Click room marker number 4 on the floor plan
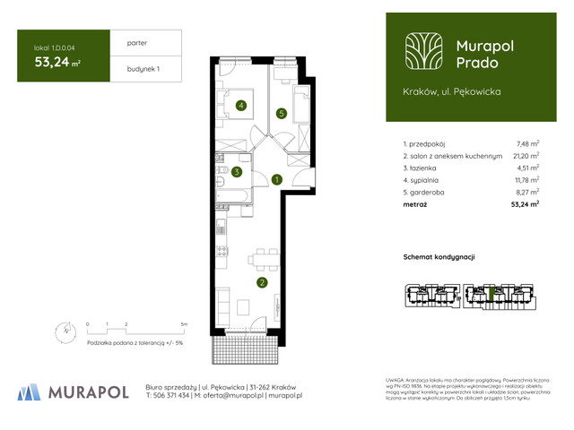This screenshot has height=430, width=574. click(x=240, y=106)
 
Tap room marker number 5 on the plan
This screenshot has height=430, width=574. click(x=281, y=114)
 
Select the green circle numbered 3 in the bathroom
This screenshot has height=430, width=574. click(x=236, y=172)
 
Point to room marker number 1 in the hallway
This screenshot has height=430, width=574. click(x=277, y=180)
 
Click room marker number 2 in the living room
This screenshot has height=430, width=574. click(x=262, y=284)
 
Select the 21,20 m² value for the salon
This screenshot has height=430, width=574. click(x=526, y=155)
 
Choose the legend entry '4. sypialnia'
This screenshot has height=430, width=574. click(x=425, y=179)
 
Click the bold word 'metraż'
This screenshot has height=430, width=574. click(x=415, y=204)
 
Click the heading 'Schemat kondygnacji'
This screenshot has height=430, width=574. click(x=439, y=257)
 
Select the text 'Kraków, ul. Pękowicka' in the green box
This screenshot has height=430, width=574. click(x=451, y=91)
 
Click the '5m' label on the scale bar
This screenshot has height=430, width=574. click(x=184, y=322)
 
